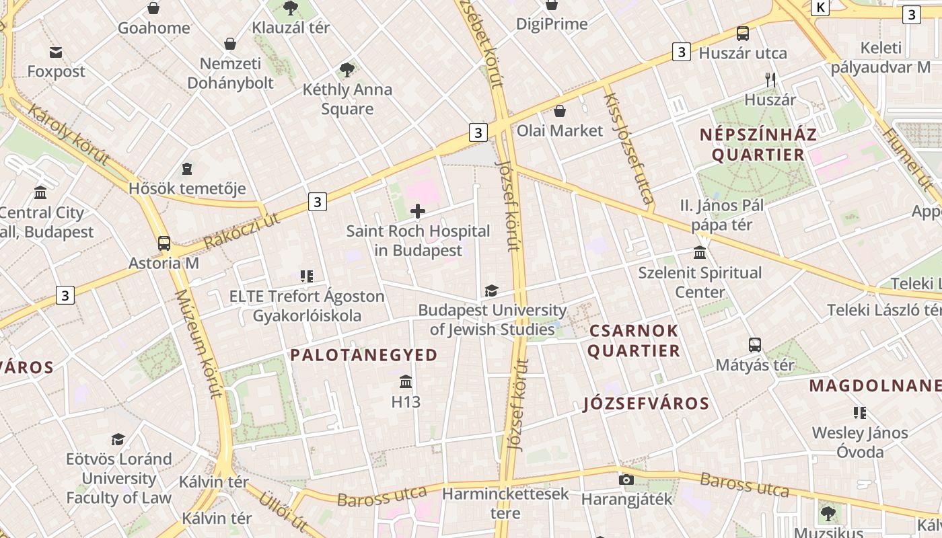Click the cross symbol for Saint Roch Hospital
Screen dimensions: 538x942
[x=418, y=211]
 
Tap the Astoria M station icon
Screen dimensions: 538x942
[x=164, y=243]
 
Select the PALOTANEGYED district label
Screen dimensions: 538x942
[x=364, y=355]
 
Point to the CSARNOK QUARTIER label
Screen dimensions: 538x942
[x=635, y=341]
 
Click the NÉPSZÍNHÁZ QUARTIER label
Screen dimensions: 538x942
[x=758, y=145]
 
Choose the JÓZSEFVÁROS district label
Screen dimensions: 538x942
[x=646, y=403]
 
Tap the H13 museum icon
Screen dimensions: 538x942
[x=406, y=382]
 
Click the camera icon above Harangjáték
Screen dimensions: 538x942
[x=626, y=479]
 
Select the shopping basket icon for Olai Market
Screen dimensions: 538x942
[x=560, y=111]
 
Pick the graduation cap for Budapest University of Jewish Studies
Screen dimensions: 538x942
[x=492, y=291]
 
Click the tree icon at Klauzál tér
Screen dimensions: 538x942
[x=291, y=8]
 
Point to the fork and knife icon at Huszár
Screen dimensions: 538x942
[x=770, y=80]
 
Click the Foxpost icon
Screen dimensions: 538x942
[x=56, y=52]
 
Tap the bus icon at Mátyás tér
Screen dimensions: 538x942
[x=755, y=345]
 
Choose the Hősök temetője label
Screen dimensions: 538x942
[x=187, y=188]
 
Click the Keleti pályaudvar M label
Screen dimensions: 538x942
[x=881, y=57]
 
